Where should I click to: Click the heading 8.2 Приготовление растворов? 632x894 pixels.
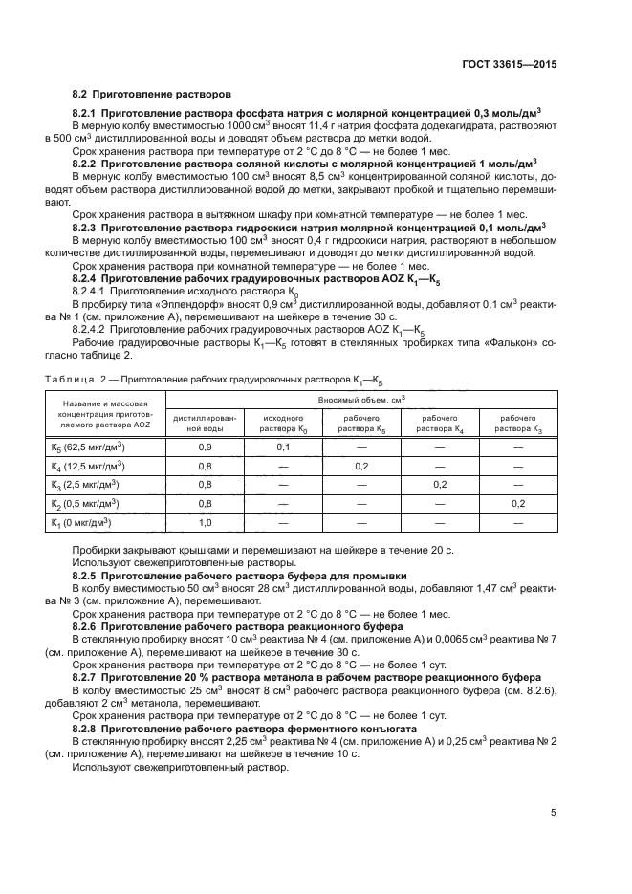click(x=151, y=96)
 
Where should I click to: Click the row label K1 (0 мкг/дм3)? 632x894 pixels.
click(x=81, y=522)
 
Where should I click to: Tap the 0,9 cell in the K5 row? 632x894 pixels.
click(x=205, y=447)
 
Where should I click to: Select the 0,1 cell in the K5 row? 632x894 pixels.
click(x=283, y=447)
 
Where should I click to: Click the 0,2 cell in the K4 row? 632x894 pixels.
click(x=361, y=466)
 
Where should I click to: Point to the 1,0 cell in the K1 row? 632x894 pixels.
click(x=205, y=522)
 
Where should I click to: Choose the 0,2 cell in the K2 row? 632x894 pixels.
click(x=518, y=503)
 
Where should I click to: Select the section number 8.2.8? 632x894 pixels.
click(x=88, y=729)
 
